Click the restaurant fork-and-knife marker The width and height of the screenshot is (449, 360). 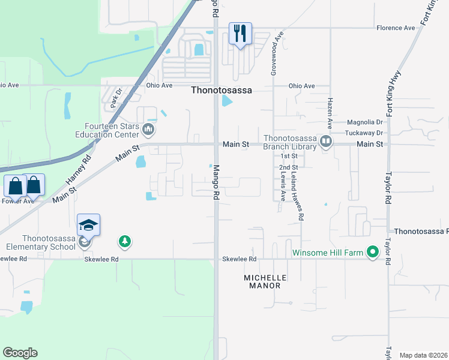(x=240, y=33)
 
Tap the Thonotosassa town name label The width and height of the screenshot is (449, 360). (x=221, y=91)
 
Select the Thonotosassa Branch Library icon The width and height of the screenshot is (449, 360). (x=326, y=142)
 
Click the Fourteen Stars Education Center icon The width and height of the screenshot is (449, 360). (x=149, y=129)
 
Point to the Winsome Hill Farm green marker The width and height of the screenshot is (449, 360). (x=373, y=253)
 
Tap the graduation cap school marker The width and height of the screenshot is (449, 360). (x=88, y=226)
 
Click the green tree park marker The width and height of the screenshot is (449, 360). (x=124, y=241)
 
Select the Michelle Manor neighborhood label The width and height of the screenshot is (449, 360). (x=262, y=281)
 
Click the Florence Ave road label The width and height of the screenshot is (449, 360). (x=396, y=28)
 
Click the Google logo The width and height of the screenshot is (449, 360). (x=20, y=353)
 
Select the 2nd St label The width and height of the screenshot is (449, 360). (x=288, y=167)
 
